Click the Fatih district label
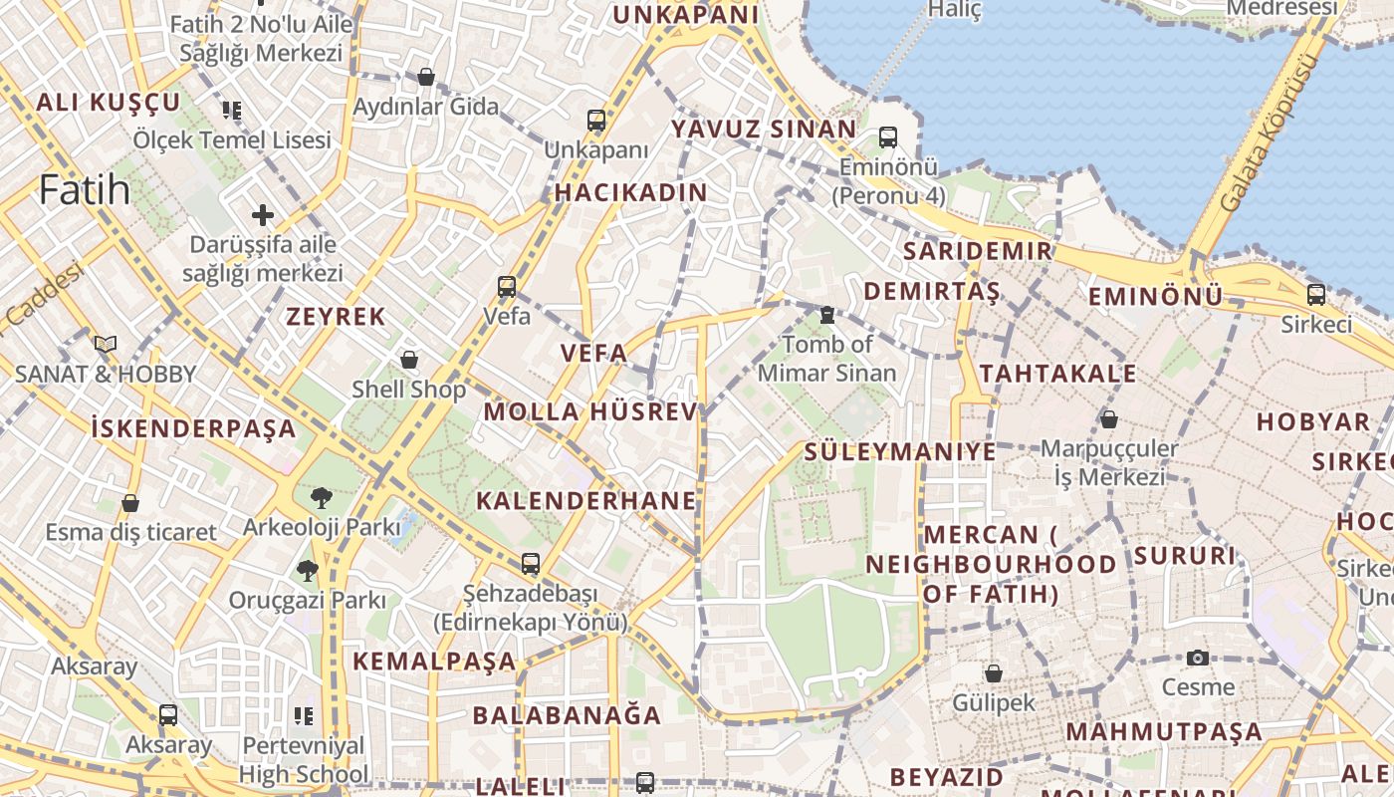(x=85, y=189)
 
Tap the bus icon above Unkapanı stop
(x=596, y=122)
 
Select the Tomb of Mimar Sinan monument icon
(x=826, y=315)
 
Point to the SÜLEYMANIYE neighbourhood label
(x=899, y=451)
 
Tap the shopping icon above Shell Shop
(x=409, y=360)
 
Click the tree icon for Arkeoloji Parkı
(x=322, y=497)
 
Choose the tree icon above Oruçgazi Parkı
(x=307, y=571)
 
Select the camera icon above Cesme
(x=1198, y=658)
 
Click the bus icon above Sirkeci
(x=1316, y=295)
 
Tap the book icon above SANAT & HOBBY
(x=106, y=345)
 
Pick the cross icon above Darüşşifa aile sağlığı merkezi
(x=263, y=214)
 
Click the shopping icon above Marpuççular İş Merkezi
(x=1109, y=419)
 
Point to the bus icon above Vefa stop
(x=507, y=287)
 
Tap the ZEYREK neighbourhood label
(x=336, y=317)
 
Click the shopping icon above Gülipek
(x=993, y=673)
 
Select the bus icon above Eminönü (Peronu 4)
(x=887, y=137)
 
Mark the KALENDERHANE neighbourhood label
(x=586, y=500)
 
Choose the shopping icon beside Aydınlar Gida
(x=426, y=77)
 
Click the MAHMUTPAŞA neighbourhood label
(x=1164, y=732)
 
